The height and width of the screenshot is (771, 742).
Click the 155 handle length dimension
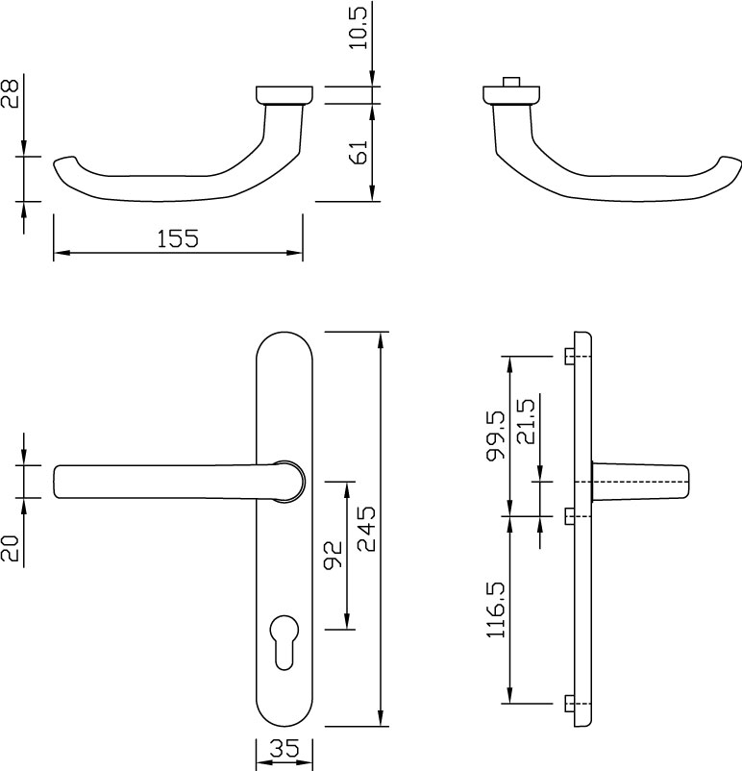(x=178, y=238)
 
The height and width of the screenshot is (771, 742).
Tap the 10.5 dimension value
(x=359, y=28)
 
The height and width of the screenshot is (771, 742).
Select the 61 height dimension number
(x=359, y=152)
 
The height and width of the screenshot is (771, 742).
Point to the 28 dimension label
(x=10, y=93)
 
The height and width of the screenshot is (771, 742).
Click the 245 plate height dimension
(x=366, y=529)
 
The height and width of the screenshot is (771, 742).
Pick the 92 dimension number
(x=333, y=555)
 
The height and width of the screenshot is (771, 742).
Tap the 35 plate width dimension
(x=284, y=749)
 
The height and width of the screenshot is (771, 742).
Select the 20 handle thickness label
(x=10, y=548)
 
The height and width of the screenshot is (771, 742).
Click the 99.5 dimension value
(x=496, y=435)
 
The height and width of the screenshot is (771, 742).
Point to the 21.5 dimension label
(x=525, y=421)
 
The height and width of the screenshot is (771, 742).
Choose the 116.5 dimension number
(x=496, y=609)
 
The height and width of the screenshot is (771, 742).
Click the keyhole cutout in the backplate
(x=284, y=641)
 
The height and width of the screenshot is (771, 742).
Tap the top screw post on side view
(x=569, y=357)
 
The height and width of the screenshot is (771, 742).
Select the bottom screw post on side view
(x=569, y=704)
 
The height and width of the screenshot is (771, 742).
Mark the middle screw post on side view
(x=569, y=516)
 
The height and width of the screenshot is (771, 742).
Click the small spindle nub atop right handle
(x=511, y=82)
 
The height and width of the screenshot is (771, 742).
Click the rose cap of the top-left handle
(x=284, y=95)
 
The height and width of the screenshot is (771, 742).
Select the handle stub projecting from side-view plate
(x=640, y=482)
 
